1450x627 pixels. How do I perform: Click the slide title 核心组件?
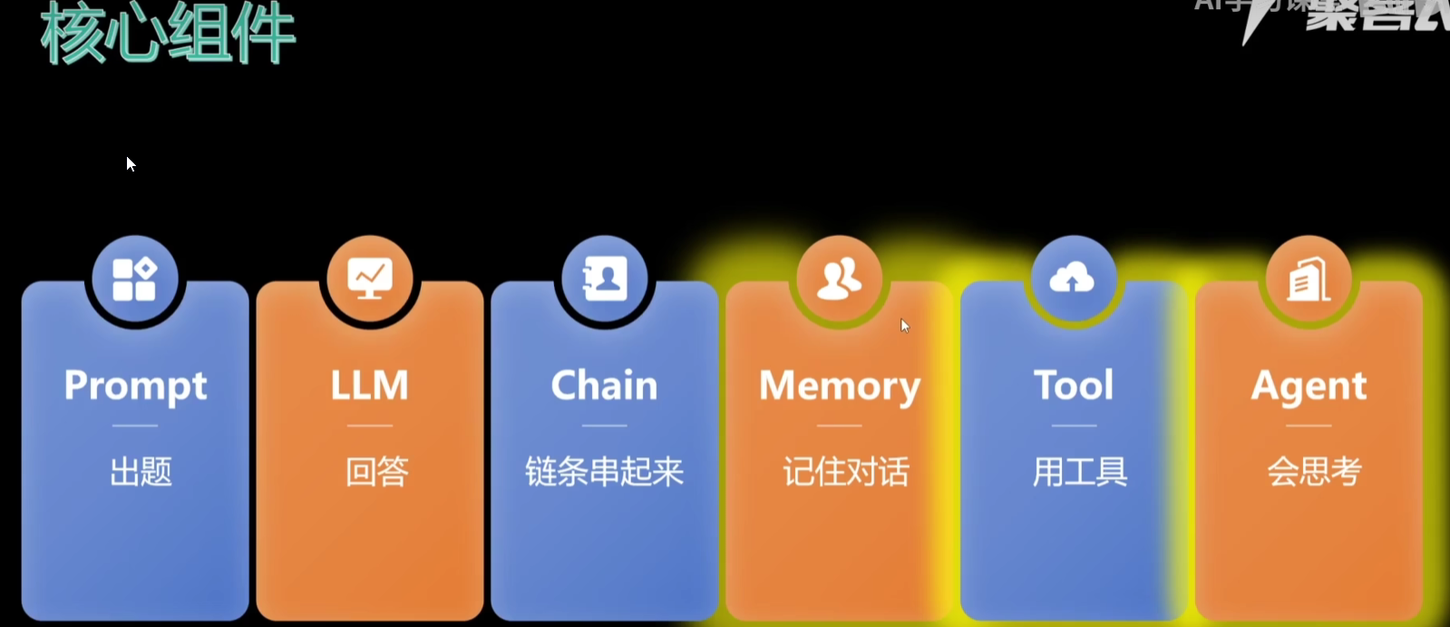168,34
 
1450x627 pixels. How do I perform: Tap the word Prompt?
135,387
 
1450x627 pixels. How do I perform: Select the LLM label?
369,386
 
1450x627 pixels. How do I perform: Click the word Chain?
604,386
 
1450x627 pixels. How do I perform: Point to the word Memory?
840,387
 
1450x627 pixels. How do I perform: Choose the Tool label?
1074,386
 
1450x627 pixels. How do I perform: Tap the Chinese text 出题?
141,472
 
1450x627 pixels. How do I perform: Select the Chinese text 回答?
376,472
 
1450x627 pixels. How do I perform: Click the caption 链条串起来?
604,472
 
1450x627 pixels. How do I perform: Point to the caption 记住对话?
846,472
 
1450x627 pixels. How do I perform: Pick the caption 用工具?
1080,472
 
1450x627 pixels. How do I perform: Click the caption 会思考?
1314,472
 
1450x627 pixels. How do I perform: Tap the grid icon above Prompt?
134,279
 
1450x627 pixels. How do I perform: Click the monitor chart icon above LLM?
370,279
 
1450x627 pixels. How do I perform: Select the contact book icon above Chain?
605,279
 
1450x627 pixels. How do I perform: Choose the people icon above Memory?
839,279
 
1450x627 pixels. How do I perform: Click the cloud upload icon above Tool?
1072,279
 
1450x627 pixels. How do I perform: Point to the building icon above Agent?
1309,279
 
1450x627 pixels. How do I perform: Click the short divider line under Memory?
839,426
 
